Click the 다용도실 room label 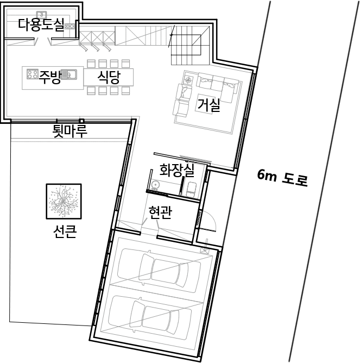coord(41,25)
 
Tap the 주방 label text coord(50,77)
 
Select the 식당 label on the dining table coord(109,77)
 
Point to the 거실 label coord(208,104)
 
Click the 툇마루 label coord(70,130)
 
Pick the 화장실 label coord(177,170)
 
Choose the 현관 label coord(160,212)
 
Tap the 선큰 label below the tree coord(65,231)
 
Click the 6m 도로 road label coord(282,178)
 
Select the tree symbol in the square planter coord(64,201)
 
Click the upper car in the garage coord(159,270)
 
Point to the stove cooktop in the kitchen coord(33,74)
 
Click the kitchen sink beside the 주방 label coord(69,74)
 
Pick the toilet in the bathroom coord(191,189)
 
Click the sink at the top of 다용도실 coord(42,14)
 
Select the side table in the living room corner coord(188,80)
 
